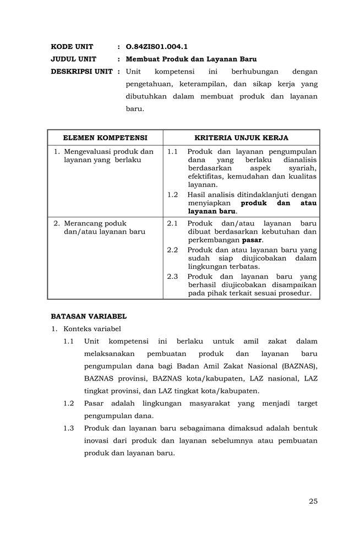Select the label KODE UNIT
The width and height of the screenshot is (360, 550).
72,47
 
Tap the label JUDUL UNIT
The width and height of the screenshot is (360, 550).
73,59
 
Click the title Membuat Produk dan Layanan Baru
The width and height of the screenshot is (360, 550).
191,59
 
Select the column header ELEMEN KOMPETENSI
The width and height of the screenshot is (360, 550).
105,137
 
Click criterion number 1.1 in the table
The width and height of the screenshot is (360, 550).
172,151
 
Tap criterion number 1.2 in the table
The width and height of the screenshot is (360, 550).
172,194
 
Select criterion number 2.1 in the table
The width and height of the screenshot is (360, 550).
172,223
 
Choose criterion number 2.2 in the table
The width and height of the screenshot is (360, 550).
172,250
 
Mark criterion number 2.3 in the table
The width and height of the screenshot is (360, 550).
172,276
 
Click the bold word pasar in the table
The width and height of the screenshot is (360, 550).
252,240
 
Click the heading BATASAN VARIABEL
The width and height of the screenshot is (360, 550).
89,316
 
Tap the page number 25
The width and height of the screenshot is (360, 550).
313,501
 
